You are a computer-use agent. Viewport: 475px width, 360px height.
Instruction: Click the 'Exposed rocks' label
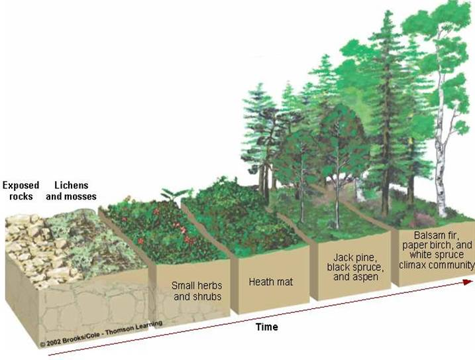[x=21, y=191]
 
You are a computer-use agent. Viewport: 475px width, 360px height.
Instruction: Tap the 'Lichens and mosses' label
[x=71, y=191]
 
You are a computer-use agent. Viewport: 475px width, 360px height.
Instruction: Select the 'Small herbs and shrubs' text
[x=197, y=291]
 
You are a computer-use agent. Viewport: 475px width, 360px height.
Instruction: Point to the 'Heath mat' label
[x=271, y=282]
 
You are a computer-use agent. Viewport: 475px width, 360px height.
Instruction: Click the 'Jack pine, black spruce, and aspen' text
[x=356, y=267]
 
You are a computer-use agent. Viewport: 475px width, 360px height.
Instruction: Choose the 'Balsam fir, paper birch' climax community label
[x=437, y=250]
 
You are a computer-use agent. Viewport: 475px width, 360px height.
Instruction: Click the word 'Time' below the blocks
[x=266, y=327]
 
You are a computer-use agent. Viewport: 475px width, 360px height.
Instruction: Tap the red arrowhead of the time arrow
[x=468, y=282]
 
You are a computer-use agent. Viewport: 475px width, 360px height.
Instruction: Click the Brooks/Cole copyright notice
[x=101, y=333]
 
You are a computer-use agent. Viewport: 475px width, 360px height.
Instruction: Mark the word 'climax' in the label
[x=413, y=265]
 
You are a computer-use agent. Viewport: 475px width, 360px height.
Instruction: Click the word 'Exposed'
[x=21, y=186]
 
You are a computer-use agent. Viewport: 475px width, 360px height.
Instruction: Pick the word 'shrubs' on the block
[x=208, y=296]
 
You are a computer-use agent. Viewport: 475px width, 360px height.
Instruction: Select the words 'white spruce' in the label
[x=437, y=255]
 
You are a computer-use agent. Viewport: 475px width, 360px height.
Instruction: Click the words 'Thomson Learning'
[x=134, y=328]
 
